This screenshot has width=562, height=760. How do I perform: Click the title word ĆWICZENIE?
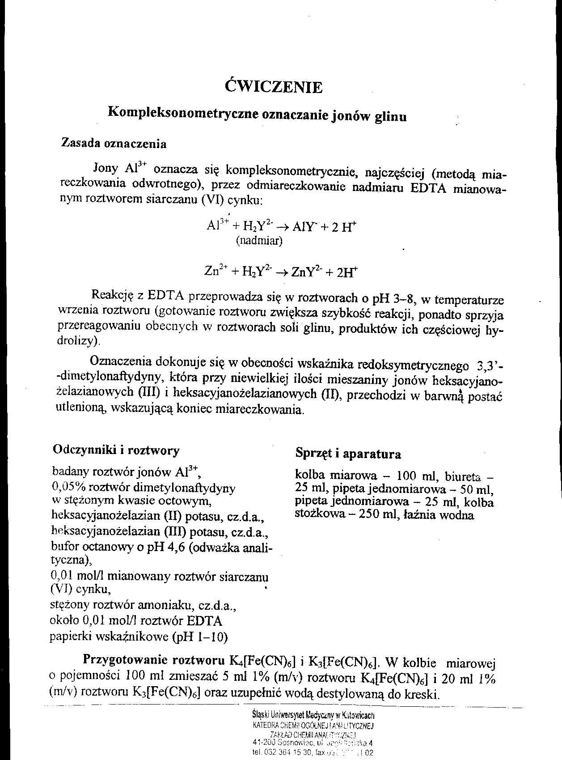274,86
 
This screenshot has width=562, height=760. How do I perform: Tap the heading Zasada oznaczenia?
114,144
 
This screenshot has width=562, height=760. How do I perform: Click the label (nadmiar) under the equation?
259,242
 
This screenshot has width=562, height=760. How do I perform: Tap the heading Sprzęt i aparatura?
348,454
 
